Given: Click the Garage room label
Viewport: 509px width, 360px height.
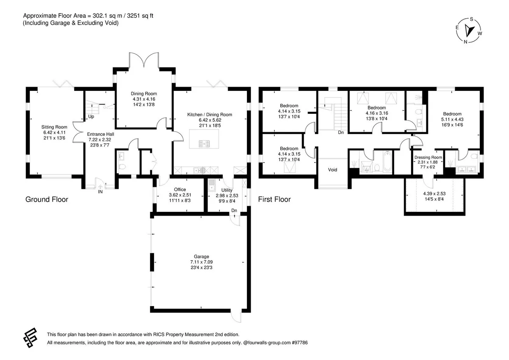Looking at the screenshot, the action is point(201,256).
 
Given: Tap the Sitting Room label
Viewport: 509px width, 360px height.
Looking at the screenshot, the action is point(54,127).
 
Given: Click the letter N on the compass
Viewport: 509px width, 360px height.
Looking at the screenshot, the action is point(465,42).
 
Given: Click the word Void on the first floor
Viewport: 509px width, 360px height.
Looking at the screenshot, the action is point(333,170).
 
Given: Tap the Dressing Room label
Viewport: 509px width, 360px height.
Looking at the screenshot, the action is point(428,157).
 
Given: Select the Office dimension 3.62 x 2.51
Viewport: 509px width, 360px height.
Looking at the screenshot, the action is point(180,195).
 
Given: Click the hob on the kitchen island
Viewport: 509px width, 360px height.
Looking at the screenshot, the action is point(204,144).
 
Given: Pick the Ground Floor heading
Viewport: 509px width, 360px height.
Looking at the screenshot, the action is point(47,199).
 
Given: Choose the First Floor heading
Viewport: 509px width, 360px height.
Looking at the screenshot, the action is point(274,199).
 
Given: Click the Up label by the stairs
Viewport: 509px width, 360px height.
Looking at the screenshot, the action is point(91,117).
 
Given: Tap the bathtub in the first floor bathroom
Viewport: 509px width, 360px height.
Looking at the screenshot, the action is point(387,162).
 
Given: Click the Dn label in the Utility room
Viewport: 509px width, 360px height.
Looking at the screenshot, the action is point(234,211).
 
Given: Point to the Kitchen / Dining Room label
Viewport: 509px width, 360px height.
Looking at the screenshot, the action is point(210,114).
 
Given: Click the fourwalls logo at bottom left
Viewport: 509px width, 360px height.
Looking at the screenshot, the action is point(30,338).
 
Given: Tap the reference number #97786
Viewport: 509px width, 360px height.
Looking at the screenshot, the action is point(299,343).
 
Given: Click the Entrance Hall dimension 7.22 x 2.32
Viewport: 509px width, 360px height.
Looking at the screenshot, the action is point(100,139).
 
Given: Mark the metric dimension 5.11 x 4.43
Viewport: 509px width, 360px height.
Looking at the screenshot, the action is point(452,119).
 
